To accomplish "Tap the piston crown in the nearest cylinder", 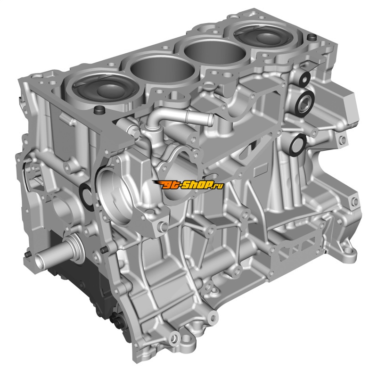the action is click(x=106, y=90).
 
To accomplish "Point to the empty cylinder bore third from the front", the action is click(x=215, y=52).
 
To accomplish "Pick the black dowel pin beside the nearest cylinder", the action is click(x=99, y=110).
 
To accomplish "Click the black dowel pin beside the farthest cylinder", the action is click(x=312, y=37).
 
